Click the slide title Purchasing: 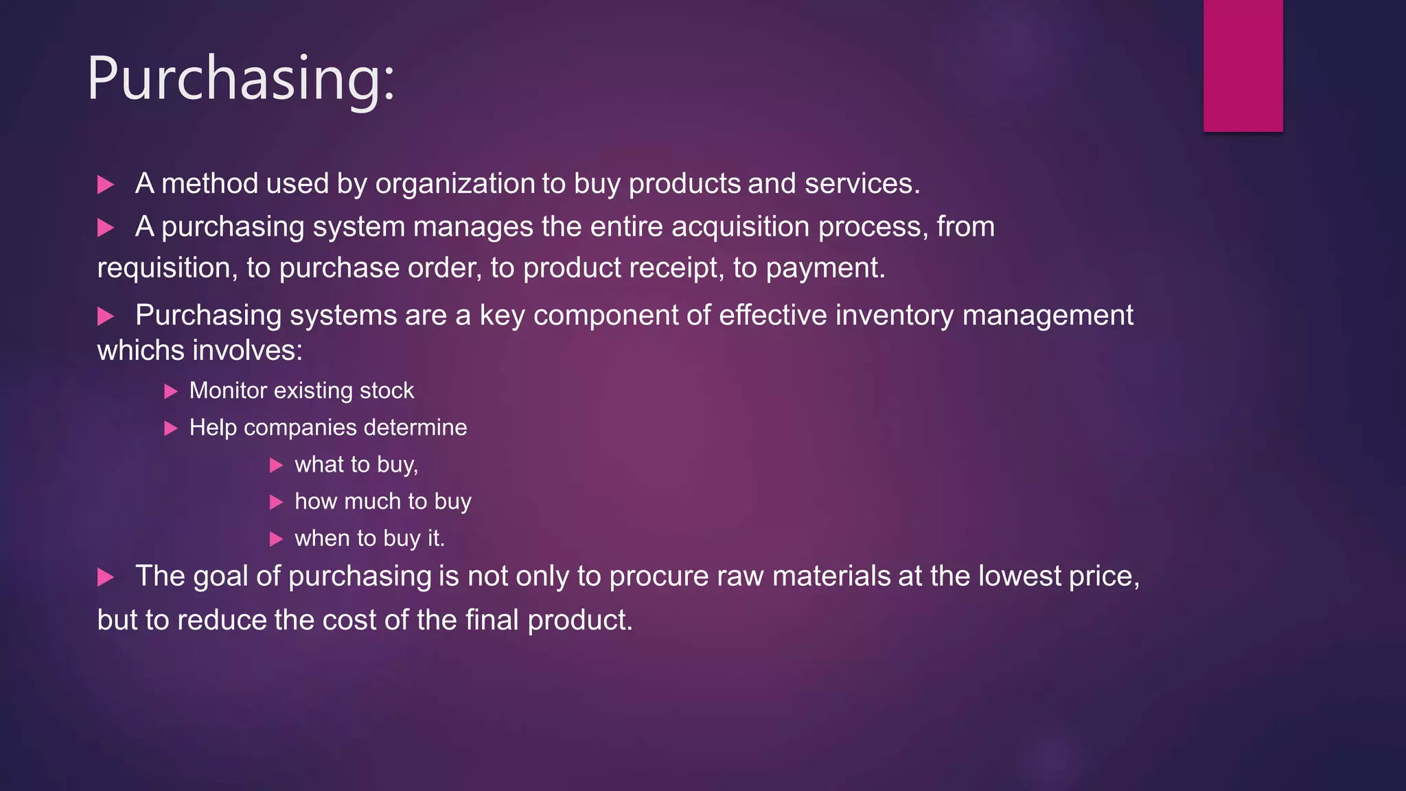[241, 79]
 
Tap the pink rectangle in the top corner [1243, 65]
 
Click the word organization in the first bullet [455, 184]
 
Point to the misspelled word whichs [141, 351]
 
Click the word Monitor [228, 391]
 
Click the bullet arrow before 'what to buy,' [276, 466]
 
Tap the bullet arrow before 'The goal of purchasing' [106, 577]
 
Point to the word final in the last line [492, 620]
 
